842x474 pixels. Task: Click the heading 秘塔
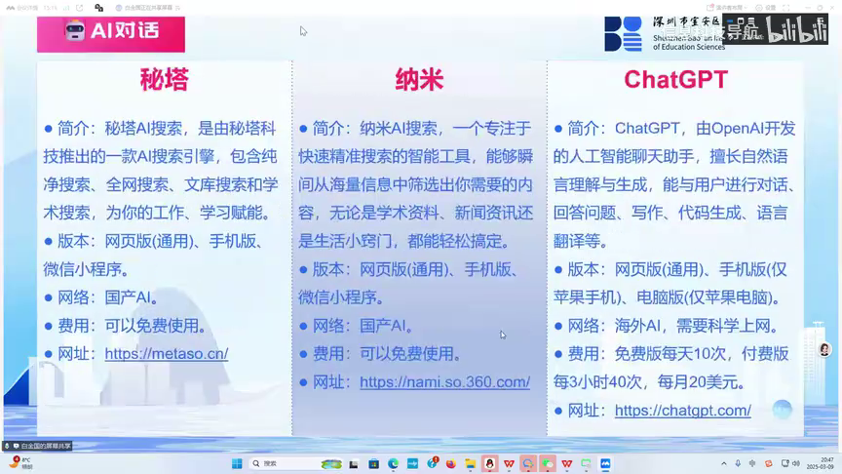pyautogui.click(x=164, y=80)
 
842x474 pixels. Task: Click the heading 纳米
pyautogui.click(x=419, y=80)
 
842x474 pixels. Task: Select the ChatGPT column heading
pyautogui.click(x=675, y=80)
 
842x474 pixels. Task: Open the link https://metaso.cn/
pyautogui.click(x=167, y=354)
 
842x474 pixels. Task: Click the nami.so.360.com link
pyautogui.click(x=444, y=382)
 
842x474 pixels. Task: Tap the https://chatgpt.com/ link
pyautogui.click(x=682, y=411)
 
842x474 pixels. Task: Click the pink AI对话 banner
pyautogui.click(x=111, y=32)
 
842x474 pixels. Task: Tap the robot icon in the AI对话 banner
pyautogui.click(x=75, y=31)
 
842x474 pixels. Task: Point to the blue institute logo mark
pyautogui.click(x=623, y=33)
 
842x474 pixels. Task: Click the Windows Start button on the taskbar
pyautogui.click(x=237, y=464)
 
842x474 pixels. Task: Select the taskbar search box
pyautogui.click(x=287, y=464)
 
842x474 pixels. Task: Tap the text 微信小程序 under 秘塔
pyautogui.click(x=86, y=269)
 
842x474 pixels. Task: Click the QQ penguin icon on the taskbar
pyautogui.click(x=489, y=464)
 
